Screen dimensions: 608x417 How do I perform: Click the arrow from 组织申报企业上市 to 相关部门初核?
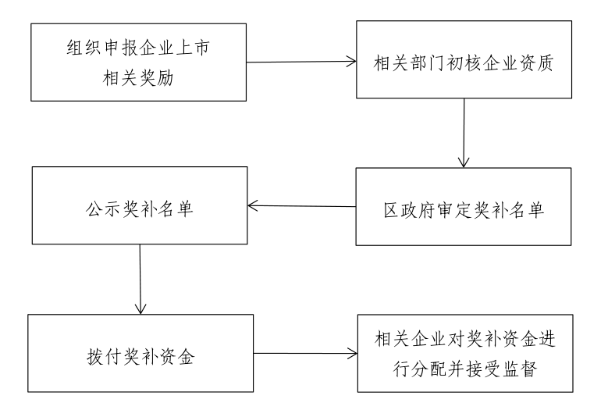point(301,62)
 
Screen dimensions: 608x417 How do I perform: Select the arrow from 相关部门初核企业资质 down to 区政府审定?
point(464,133)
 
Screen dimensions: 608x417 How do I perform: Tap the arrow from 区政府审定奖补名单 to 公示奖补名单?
point(302,206)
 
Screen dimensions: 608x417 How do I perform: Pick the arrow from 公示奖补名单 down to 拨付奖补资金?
point(140,279)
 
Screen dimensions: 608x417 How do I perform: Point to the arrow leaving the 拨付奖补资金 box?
point(305,354)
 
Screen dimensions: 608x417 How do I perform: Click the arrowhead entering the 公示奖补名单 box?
point(252,205)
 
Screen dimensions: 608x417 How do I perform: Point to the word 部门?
point(426,62)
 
